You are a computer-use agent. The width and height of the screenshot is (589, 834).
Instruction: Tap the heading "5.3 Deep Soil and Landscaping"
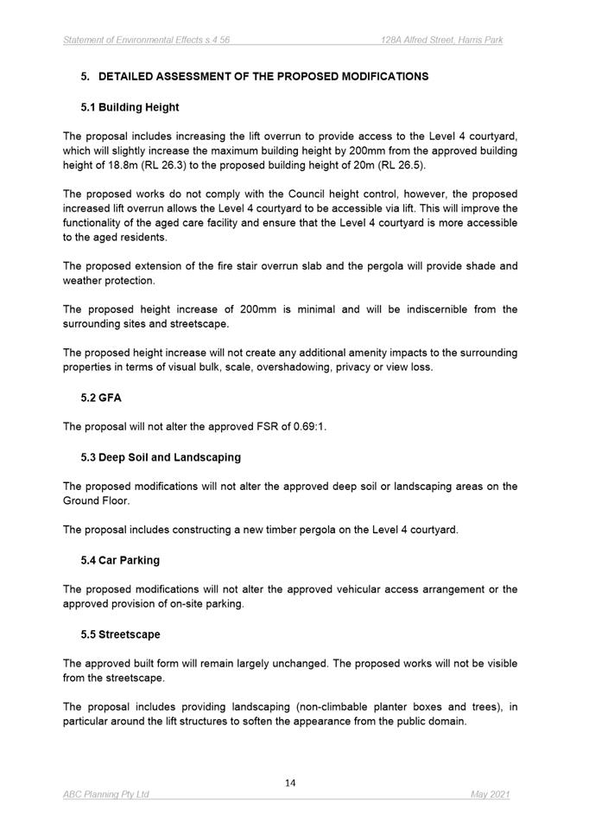pos(161,456)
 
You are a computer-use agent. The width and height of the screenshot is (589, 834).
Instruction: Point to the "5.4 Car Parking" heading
pos(120,560)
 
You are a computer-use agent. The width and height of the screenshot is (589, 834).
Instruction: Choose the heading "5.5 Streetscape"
pos(120,634)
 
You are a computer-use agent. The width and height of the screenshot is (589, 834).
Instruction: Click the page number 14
pos(290,783)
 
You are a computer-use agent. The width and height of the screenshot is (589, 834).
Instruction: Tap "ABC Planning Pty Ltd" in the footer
pos(106,794)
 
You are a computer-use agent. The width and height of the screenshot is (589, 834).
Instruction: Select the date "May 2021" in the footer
pos(491,794)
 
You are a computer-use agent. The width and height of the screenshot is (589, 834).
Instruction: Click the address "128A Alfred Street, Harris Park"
pos(442,41)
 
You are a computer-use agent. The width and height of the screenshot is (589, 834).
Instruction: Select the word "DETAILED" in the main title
pos(130,76)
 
